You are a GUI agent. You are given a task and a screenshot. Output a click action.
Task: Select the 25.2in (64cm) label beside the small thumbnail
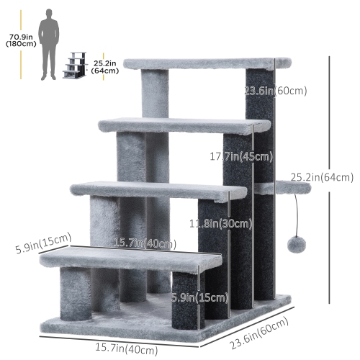pos(106,67)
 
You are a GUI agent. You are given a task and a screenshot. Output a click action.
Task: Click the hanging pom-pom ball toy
pos(296,246)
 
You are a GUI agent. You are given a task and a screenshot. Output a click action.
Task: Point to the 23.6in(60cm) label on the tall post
pos(276,91)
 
